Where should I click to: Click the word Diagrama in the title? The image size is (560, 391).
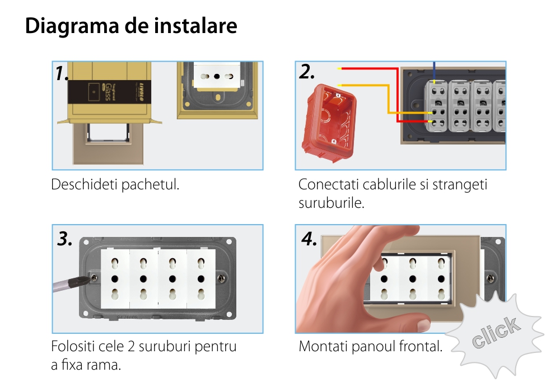(72, 26)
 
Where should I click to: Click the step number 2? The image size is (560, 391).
(307, 72)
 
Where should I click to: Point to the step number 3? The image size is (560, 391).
(64, 239)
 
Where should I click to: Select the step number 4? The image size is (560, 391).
(309, 239)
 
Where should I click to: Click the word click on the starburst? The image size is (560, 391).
(496, 332)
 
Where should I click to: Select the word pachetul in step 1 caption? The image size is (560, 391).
(150, 184)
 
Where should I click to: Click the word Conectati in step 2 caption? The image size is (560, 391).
(329, 184)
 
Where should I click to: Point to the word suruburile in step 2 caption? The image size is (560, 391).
(332, 203)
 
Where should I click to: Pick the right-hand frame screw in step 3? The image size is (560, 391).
(221, 277)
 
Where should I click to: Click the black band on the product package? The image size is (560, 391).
(109, 91)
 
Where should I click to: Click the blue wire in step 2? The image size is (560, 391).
(435, 72)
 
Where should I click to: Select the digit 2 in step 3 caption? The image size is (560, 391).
(131, 346)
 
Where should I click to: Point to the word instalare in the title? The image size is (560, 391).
(195, 26)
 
